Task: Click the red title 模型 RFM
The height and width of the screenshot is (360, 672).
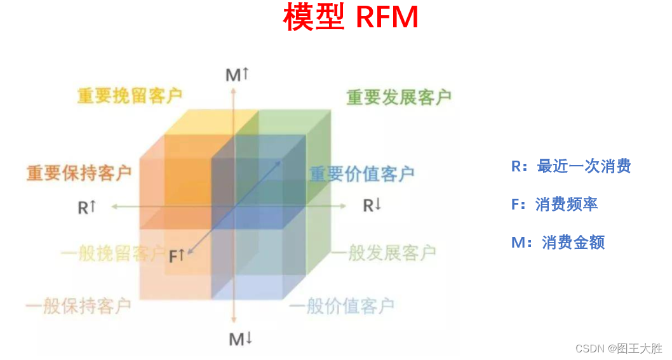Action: (351, 18)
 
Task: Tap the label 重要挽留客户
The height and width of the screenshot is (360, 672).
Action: (130, 96)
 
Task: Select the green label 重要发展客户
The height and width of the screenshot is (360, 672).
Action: (399, 97)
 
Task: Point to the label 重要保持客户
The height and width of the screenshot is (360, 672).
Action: (79, 173)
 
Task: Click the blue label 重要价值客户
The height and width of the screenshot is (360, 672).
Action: (361, 174)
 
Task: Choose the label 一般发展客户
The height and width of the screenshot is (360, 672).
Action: (383, 253)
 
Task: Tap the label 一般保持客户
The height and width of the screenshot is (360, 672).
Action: (78, 306)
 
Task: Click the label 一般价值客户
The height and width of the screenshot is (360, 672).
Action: (342, 307)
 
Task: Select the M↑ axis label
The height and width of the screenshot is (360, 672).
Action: (237, 76)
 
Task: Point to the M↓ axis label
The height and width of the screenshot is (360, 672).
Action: (241, 340)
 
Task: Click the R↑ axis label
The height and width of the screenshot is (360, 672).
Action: (87, 207)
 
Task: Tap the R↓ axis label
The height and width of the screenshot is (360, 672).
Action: (372, 206)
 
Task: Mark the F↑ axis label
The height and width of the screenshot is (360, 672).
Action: (177, 257)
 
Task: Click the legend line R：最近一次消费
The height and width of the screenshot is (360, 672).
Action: (570, 166)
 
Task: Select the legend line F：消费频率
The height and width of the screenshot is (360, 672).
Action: (554, 204)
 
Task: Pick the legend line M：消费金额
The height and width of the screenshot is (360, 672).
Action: (558, 243)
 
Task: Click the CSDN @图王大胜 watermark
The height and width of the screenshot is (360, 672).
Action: (619, 349)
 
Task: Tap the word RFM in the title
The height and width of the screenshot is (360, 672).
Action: (387, 18)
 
